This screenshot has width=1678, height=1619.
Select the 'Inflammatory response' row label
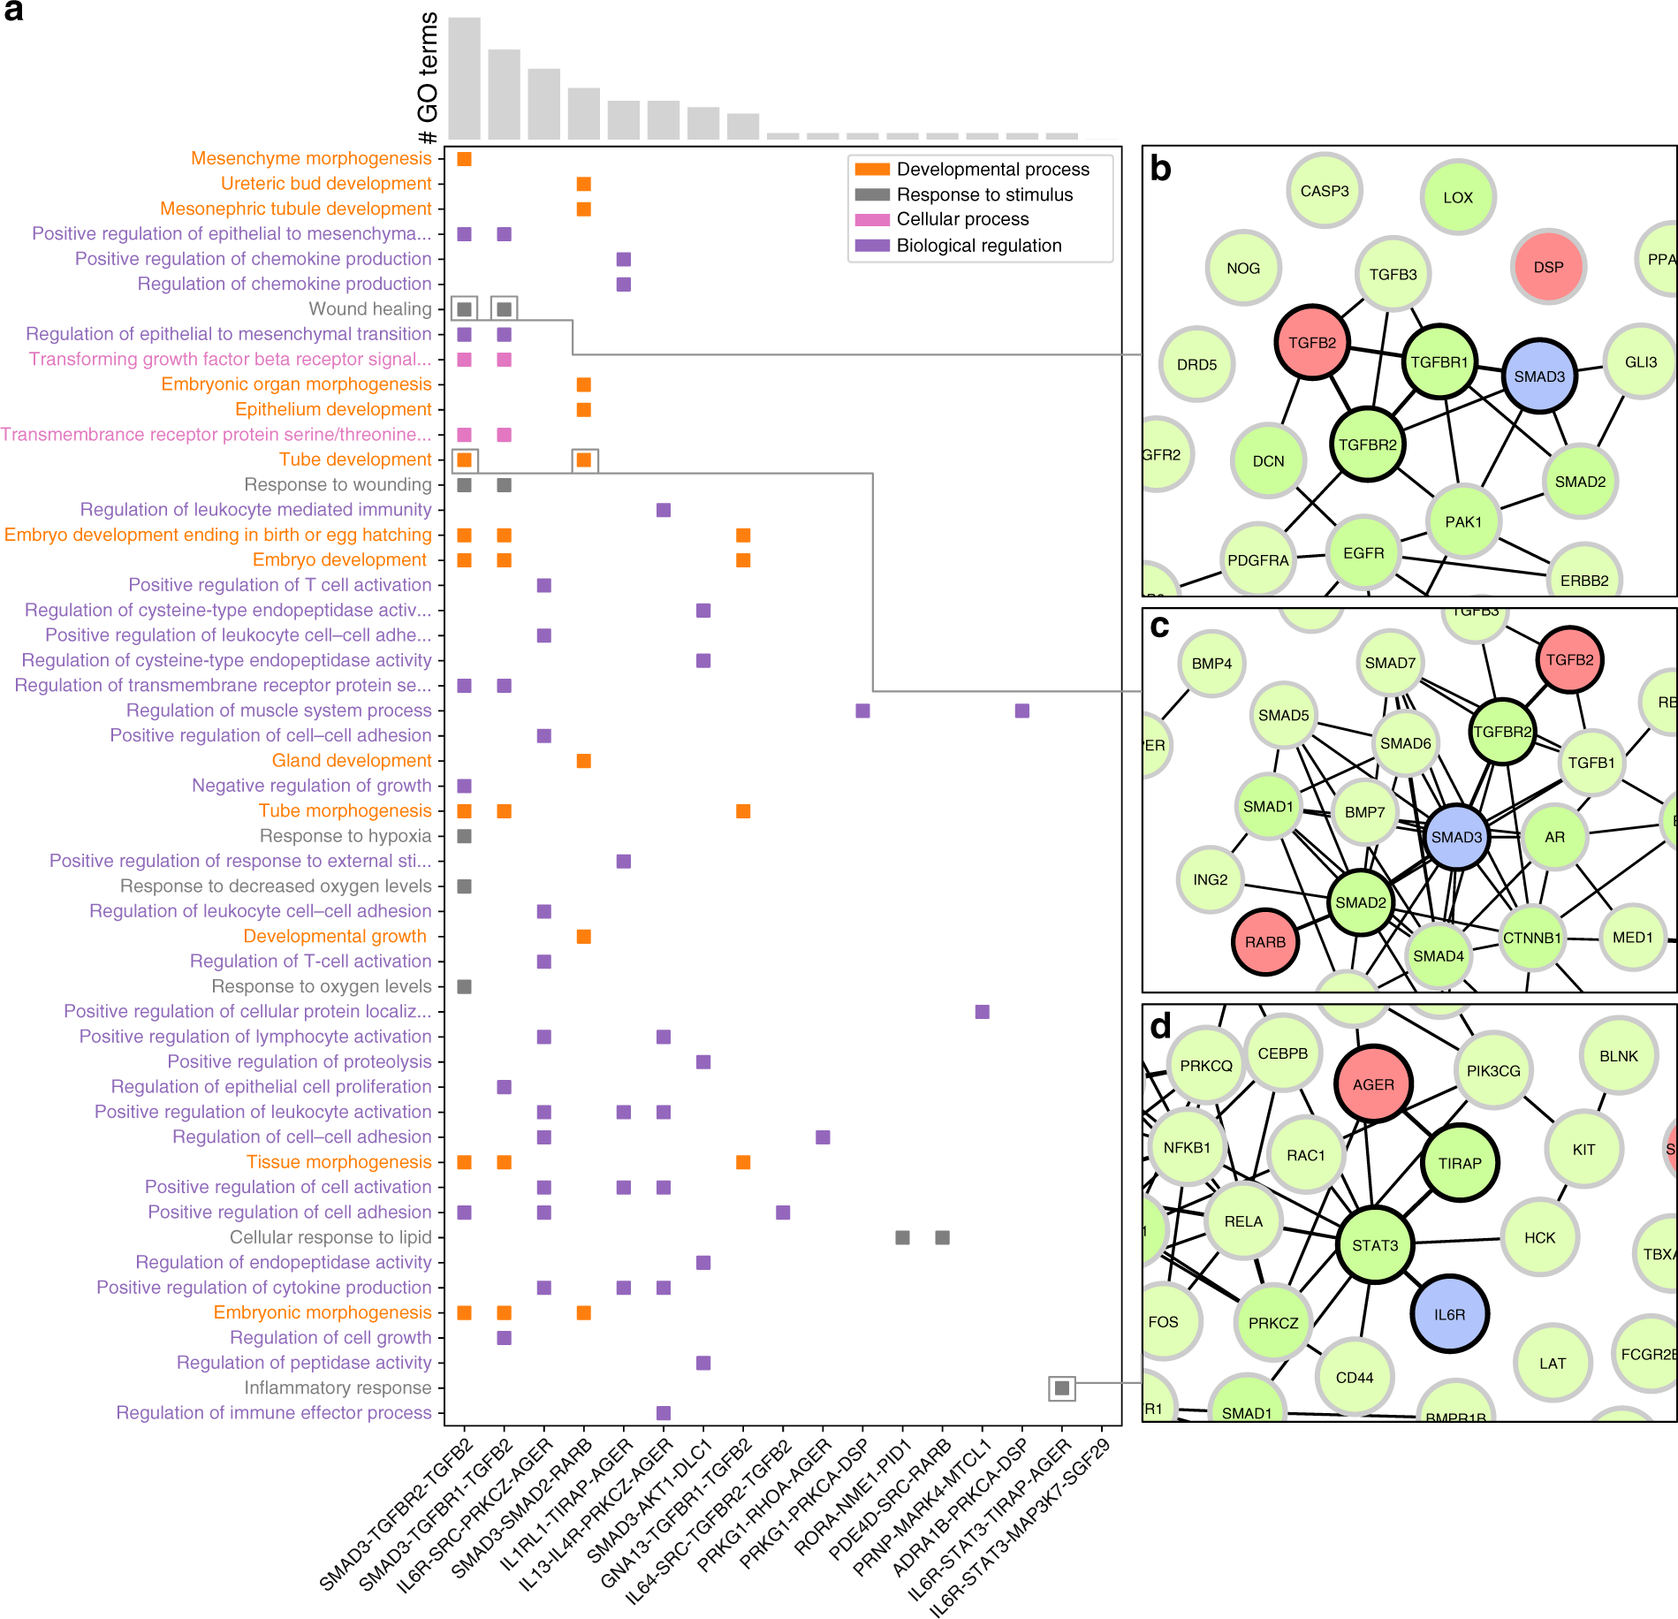[x=338, y=1388]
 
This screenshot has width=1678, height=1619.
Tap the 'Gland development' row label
[x=352, y=761]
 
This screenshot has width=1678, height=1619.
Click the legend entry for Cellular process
[x=962, y=219]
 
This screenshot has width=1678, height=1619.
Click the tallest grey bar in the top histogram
[x=464, y=78]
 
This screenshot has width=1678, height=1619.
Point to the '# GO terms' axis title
[x=428, y=78]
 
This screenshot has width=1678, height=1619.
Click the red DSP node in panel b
[x=1548, y=267]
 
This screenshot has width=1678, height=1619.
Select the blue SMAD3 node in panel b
[x=1539, y=376]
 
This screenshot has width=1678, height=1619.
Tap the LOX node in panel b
[x=1458, y=198]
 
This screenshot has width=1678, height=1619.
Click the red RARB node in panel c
[x=1265, y=942]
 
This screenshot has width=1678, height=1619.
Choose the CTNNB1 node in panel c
[x=1532, y=938]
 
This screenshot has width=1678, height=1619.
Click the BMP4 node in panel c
[x=1211, y=664]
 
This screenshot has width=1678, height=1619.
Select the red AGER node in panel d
[x=1373, y=1084]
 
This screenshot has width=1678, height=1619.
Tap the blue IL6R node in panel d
[x=1449, y=1314]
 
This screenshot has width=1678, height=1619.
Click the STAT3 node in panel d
[x=1375, y=1245]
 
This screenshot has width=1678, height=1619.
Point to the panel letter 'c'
[x=1159, y=626]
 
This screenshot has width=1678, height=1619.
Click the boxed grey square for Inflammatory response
[x=1062, y=1388]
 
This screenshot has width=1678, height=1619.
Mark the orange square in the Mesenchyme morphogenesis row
[x=464, y=159]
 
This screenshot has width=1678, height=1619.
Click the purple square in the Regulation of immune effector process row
[x=664, y=1413]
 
